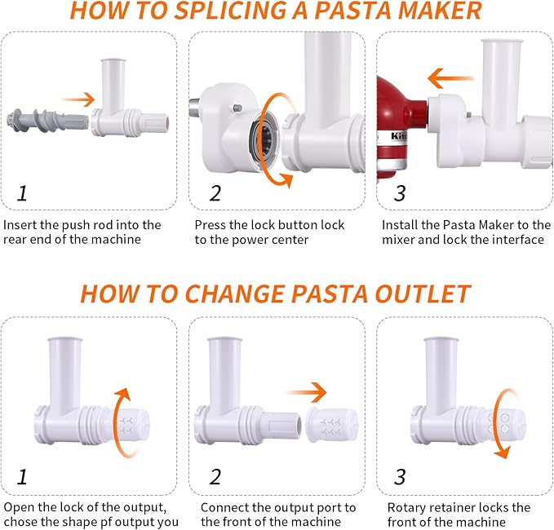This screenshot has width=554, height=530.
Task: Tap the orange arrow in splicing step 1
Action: tap(78, 99)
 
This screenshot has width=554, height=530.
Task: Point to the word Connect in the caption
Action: tap(221, 507)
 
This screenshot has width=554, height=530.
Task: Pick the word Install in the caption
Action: tap(401, 224)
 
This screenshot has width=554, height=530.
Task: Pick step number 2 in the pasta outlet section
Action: tap(215, 477)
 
